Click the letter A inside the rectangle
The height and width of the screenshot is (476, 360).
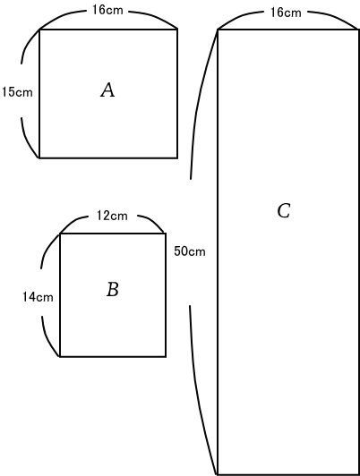tap(107, 90)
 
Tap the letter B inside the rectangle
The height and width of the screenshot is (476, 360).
tap(113, 289)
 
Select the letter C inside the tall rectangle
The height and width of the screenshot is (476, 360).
tap(284, 210)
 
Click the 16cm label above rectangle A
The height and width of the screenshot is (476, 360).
tap(107, 10)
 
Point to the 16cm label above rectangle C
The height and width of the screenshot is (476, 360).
tap(286, 13)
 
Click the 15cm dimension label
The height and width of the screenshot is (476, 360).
tap(17, 92)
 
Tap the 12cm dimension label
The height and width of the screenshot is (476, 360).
tap(112, 216)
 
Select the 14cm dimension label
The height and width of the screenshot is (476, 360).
tap(38, 297)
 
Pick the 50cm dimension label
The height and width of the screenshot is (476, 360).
tap(190, 251)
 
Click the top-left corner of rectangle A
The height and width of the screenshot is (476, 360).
tap(39, 30)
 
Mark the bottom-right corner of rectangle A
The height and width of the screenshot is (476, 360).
tap(177, 157)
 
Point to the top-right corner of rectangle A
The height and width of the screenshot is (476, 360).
tap(177, 30)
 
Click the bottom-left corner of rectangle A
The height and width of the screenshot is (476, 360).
tap(39, 157)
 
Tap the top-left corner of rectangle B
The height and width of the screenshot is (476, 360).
tap(60, 234)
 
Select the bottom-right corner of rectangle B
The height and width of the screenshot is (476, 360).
tap(166, 356)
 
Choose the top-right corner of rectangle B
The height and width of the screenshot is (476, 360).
tap(166, 234)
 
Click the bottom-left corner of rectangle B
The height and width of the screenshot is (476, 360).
tap(60, 356)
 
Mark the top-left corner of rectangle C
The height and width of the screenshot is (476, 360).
tap(218, 30)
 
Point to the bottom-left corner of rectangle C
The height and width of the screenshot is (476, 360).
tap(218, 474)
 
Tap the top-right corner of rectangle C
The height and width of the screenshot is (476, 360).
tap(359, 30)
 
